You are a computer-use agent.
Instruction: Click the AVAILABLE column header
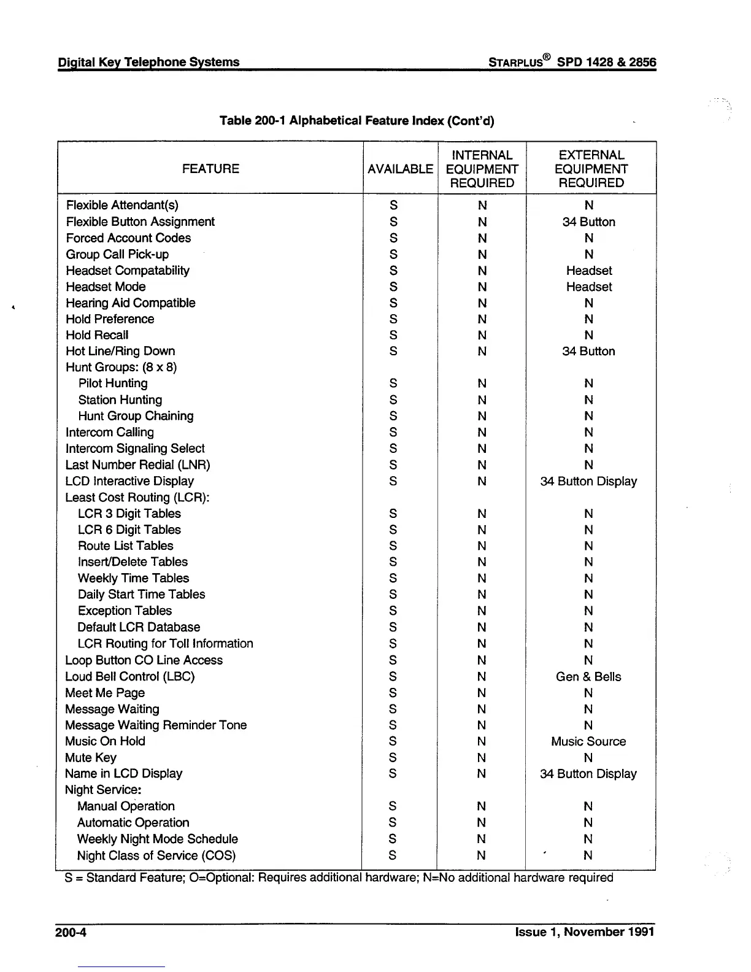(400, 169)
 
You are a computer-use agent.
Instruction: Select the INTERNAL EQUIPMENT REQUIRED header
(482, 169)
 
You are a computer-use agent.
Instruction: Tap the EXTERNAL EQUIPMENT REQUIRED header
(591, 169)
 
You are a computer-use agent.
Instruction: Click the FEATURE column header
(210, 169)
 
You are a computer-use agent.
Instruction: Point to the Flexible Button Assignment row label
(140, 222)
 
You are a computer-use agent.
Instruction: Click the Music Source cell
(588, 741)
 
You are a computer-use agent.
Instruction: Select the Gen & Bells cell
(588, 676)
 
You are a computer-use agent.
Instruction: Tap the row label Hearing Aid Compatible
(130, 303)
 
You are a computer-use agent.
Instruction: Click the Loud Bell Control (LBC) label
(129, 676)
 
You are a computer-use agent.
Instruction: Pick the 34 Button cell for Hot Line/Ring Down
(588, 351)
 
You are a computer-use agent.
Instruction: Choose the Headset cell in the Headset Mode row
(589, 287)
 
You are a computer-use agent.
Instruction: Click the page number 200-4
(71, 933)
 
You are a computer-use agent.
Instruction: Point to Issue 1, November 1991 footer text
(584, 932)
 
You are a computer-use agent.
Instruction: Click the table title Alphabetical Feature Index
(356, 120)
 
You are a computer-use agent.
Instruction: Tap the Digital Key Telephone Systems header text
(148, 62)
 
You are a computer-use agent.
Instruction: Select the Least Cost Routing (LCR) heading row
(137, 497)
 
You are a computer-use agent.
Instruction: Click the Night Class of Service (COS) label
(156, 855)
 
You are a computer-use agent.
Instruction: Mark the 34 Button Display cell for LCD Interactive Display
(588, 481)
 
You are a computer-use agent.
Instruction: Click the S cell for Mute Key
(393, 758)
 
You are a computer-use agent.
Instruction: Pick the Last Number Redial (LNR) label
(137, 465)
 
